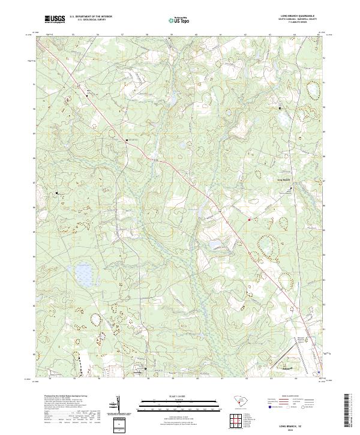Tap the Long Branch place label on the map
pyautogui.click(x=283, y=179)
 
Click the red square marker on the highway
pyautogui.click(x=249, y=220)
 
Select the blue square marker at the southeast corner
pyautogui.click(x=319, y=371)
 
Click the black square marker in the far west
pyautogui.click(x=58, y=193)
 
